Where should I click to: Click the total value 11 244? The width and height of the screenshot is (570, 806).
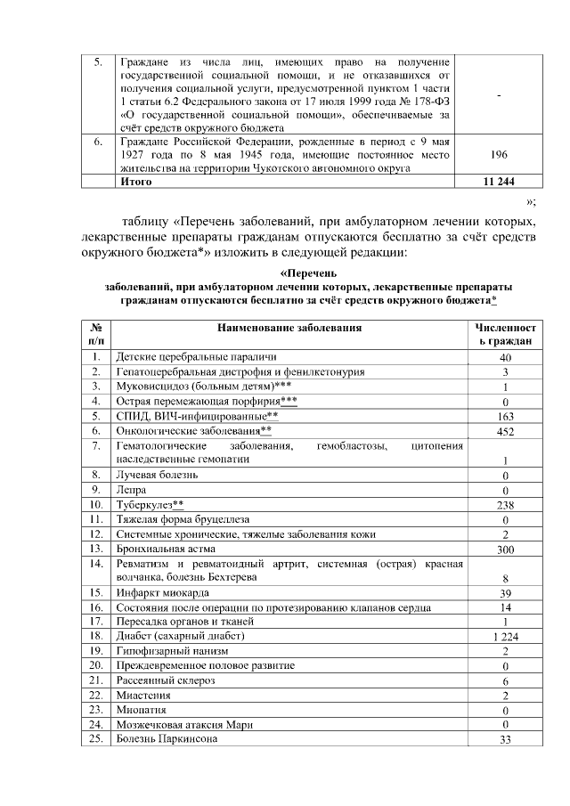tap(499, 182)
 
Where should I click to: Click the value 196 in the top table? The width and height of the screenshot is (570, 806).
tap(499, 154)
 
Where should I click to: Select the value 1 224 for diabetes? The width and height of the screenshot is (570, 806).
tap(504, 637)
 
